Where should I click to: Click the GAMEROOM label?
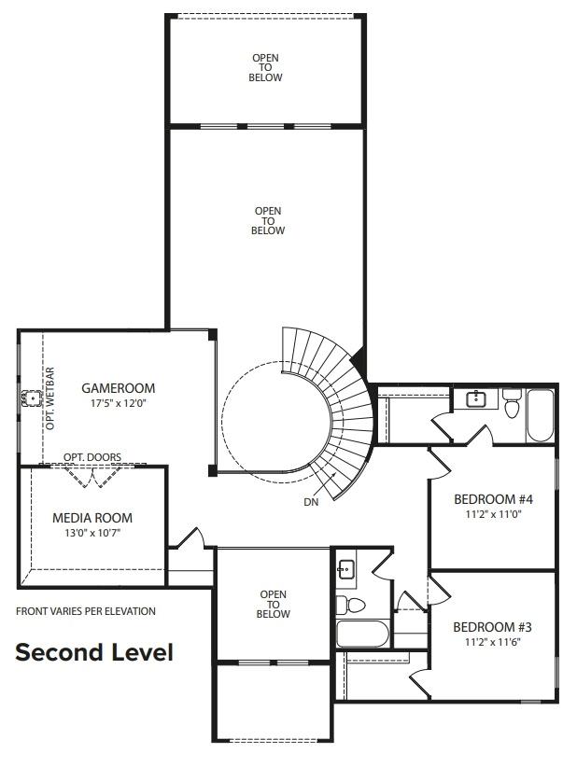pyautogui.click(x=118, y=388)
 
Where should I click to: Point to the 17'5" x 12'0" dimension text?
pyautogui.click(x=118, y=403)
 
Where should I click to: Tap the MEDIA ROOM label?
pyautogui.click(x=92, y=518)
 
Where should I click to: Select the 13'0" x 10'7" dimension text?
pyautogui.click(x=92, y=533)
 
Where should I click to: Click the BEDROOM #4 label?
pyautogui.click(x=492, y=498)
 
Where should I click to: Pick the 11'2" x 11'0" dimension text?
pyautogui.click(x=492, y=513)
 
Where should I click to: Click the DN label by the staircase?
pyautogui.click(x=311, y=502)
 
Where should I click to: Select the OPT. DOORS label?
pyautogui.click(x=91, y=457)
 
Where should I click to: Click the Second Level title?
pyautogui.click(x=93, y=652)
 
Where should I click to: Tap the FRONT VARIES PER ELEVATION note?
pyautogui.click(x=86, y=611)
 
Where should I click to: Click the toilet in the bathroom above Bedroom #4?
pyautogui.click(x=512, y=405)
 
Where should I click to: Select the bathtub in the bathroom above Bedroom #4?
pyautogui.click(x=541, y=415)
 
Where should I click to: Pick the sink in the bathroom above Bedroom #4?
pyautogui.click(x=475, y=399)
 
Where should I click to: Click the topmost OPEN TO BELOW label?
pyautogui.click(x=265, y=68)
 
